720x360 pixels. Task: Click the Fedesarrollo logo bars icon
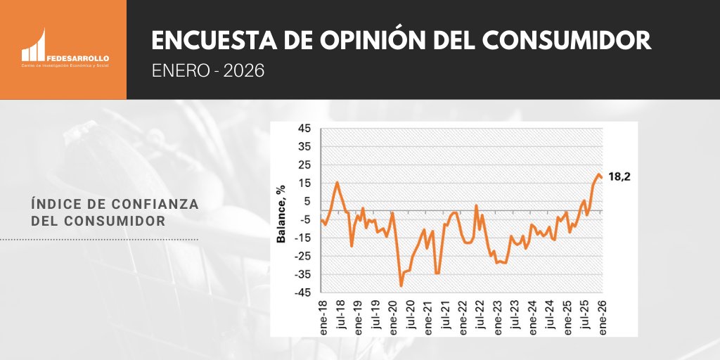(34, 46)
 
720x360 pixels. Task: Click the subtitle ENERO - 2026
(208, 72)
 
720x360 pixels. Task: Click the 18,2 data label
(619, 177)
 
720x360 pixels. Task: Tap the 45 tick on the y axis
(304, 129)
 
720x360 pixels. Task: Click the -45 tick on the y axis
(302, 293)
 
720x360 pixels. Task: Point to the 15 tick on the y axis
(304, 184)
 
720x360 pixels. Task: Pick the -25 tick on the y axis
(302, 257)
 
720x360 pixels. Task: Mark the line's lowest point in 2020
(401, 285)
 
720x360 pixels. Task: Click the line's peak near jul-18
(337, 183)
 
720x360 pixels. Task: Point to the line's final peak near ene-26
(599, 174)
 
